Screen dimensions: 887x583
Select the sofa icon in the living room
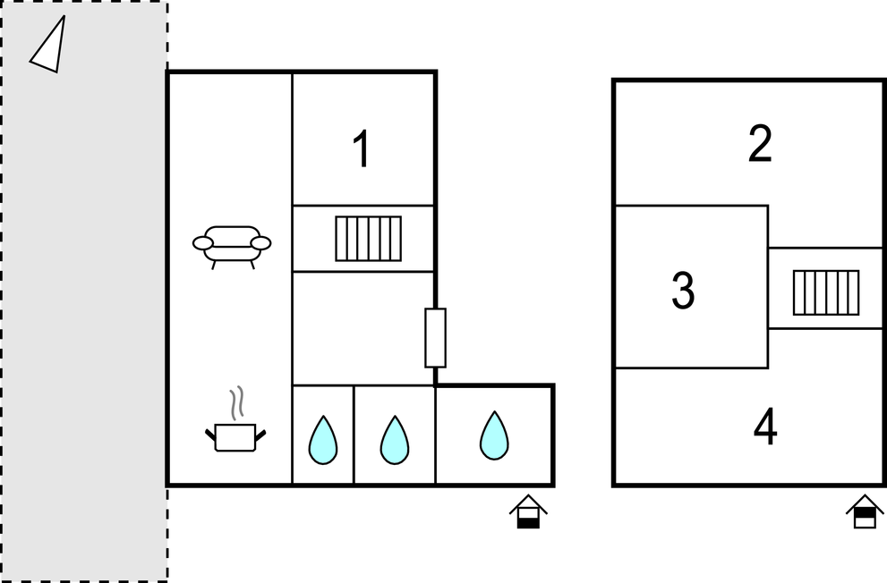(x=232, y=247)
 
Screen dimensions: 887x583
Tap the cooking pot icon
(x=235, y=437)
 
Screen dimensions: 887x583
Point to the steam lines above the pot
(x=237, y=402)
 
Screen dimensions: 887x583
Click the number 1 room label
(x=362, y=148)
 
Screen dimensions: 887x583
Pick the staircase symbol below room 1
(x=368, y=239)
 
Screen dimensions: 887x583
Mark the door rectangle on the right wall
(x=436, y=338)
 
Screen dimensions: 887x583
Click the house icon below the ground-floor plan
(x=528, y=511)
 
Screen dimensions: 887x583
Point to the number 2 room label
(x=760, y=144)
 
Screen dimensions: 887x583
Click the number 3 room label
(x=683, y=290)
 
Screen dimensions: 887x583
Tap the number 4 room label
(x=765, y=427)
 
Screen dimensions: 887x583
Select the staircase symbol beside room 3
(x=826, y=292)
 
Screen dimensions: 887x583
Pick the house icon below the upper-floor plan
(x=865, y=511)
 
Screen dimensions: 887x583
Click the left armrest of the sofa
(x=202, y=243)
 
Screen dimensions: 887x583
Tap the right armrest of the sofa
(x=260, y=243)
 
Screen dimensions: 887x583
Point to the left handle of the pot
(x=210, y=435)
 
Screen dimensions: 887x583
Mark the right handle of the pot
(x=260, y=435)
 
